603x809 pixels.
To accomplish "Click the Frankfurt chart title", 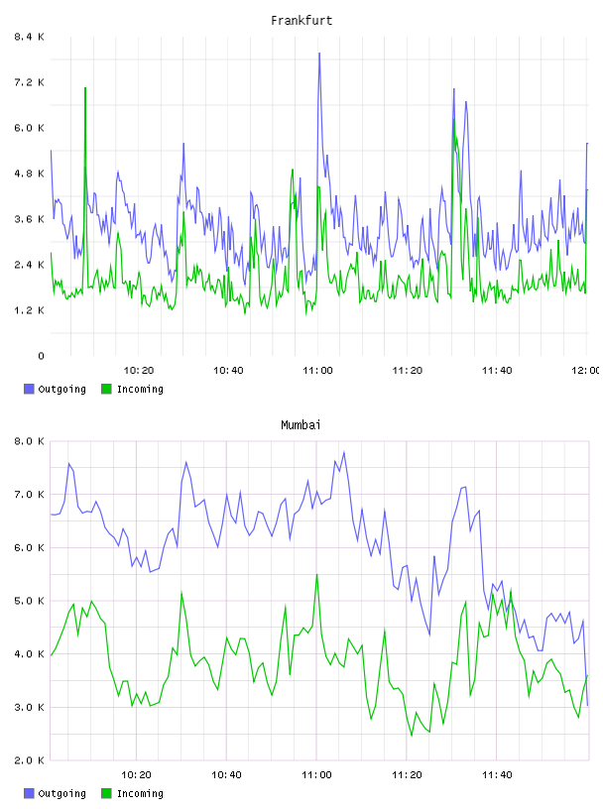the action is pyautogui.click(x=301, y=21).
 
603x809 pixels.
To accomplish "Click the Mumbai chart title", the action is pyautogui.click(x=301, y=425).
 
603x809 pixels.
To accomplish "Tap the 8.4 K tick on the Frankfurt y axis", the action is pyautogui.click(x=29, y=37).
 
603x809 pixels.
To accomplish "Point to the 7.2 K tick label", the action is pyautogui.click(x=29, y=82).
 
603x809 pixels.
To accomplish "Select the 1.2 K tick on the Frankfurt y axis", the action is pyautogui.click(x=29, y=310).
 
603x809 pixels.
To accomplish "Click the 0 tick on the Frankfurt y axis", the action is pyautogui.click(x=41, y=356).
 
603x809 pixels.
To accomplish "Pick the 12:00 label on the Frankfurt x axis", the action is pyautogui.click(x=586, y=370).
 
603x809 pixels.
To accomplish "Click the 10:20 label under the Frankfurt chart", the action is pyautogui.click(x=139, y=370).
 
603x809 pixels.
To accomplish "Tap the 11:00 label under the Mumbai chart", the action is pyautogui.click(x=316, y=774).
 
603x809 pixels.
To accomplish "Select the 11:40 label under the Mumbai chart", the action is pyautogui.click(x=497, y=774).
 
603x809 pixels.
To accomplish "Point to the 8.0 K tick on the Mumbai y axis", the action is pyautogui.click(x=29, y=441).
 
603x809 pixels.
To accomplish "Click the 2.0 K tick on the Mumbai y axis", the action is pyautogui.click(x=29, y=760).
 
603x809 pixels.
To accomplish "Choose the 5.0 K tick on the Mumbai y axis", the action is pyautogui.click(x=29, y=601).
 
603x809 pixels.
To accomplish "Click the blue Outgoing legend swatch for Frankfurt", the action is pyautogui.click(x=29, y=389).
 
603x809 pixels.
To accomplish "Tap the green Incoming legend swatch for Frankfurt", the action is pyautogui.click(x=106, y=389).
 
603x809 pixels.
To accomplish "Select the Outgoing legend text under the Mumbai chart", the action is pyautogui.click(x=61, y=793).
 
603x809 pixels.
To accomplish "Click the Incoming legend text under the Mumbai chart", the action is pyautogui.click(x=140, y=793).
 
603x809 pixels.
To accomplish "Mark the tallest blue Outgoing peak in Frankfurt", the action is pyautogui.click(x=319, y=54).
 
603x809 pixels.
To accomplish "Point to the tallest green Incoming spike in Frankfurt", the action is pyautogui.click(x=85, y=88).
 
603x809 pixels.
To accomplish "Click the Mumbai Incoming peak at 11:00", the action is pyautogui.click(x=317, y=574).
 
